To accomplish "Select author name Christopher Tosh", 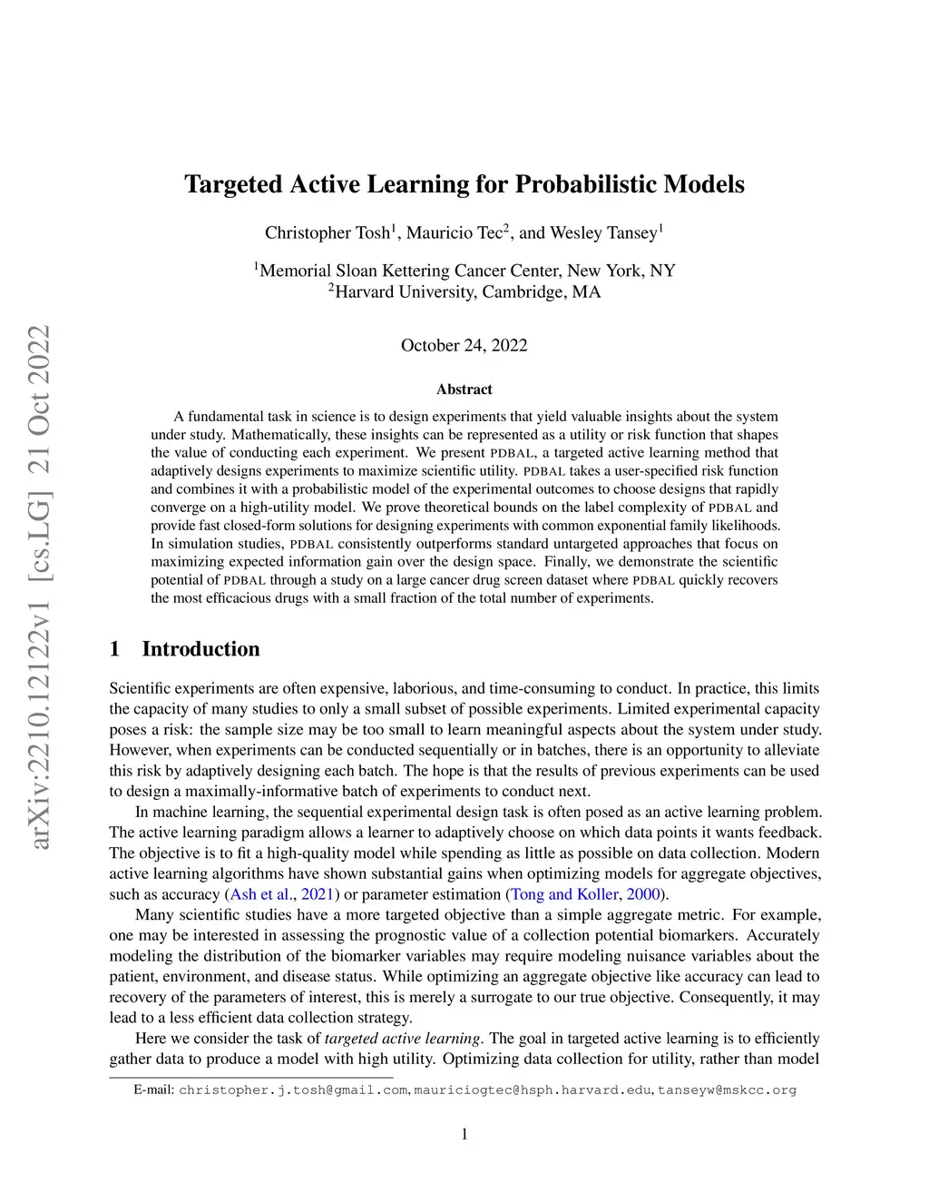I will pos(328,233).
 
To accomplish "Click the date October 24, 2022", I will pos(464,345).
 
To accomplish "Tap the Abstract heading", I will pos(464,389).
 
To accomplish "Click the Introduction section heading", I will pos(200,649).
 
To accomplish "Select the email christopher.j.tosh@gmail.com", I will pos(293,1090).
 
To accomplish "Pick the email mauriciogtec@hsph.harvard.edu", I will pos(533,1090).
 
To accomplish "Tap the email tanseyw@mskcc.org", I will pos(727,1090).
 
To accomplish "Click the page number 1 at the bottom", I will pos(464,1134).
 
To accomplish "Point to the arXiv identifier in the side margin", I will pos(38,588).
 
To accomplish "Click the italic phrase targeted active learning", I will pos(402,1039).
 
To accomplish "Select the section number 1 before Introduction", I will pos(114,649).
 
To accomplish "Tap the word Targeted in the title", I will pos(233,184).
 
